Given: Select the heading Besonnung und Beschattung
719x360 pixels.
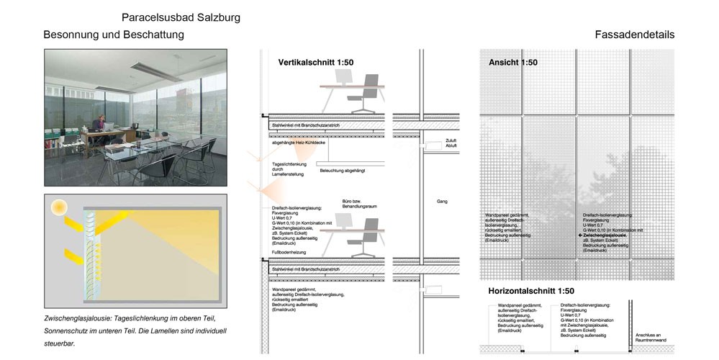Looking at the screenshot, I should point(114,35).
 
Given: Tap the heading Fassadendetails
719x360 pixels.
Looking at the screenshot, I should point(634,35).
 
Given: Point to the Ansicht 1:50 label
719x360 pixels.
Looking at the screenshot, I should point(513,63).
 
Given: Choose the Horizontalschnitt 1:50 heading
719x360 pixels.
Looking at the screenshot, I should point(531,291).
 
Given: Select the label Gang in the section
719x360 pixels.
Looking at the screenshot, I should point(442,202).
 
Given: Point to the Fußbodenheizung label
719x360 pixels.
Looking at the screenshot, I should point(288,253).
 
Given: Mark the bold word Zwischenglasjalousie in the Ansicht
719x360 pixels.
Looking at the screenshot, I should point(605,235).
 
